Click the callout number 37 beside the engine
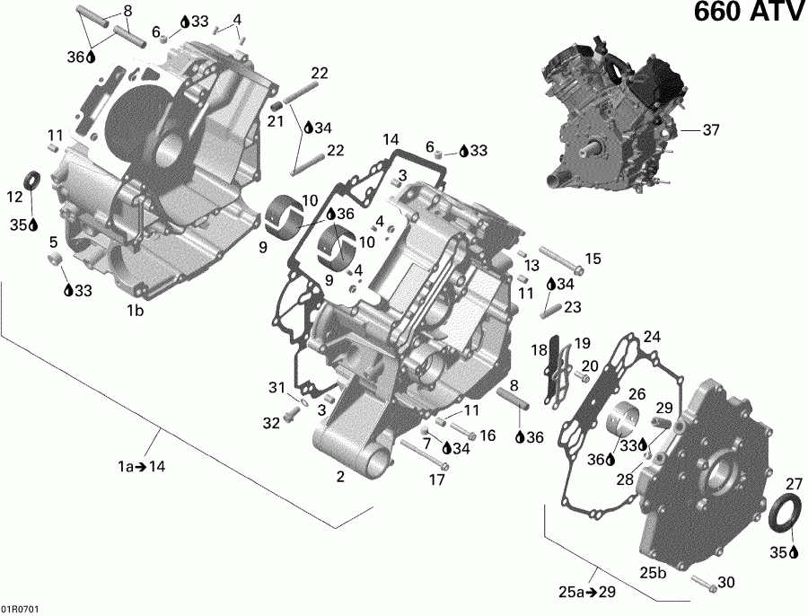coord(711,130)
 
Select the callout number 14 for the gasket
coord(390,139)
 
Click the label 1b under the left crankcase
coord(135,311)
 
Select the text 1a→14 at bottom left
coord(140,466)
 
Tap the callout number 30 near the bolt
coord(725,583)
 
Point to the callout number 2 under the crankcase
coord(340,477)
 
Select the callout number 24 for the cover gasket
coord(652,337)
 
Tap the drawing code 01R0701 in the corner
coord(20,608)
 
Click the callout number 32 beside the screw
coord(271,422)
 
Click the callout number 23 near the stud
coord(571,306)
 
